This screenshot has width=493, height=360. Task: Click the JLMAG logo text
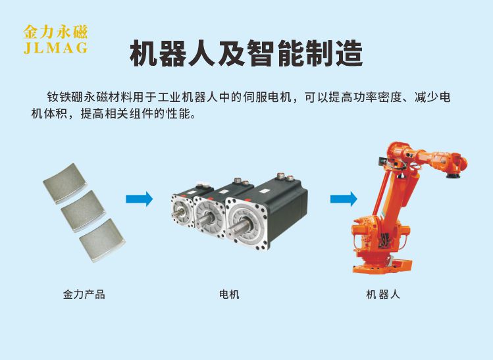(56, 48)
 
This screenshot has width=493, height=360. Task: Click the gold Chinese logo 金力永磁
(56, 32)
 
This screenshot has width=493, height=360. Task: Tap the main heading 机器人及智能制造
(246, 53)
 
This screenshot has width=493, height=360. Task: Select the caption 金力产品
(84, 295)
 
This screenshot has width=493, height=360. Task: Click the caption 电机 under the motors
(229, 295)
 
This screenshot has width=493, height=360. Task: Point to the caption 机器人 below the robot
(383, 295)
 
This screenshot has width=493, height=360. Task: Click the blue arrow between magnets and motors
(140, 199)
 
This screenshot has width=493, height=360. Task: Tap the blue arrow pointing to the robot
(344, 199)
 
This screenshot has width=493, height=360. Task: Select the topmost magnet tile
(65, 184)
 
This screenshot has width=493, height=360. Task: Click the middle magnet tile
(84, 211)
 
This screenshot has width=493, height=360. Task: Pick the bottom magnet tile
(102, 240)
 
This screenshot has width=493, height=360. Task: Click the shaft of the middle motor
(204, 219)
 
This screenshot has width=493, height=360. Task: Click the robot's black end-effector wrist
(453, 175)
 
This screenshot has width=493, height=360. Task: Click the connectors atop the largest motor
(285, 176)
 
